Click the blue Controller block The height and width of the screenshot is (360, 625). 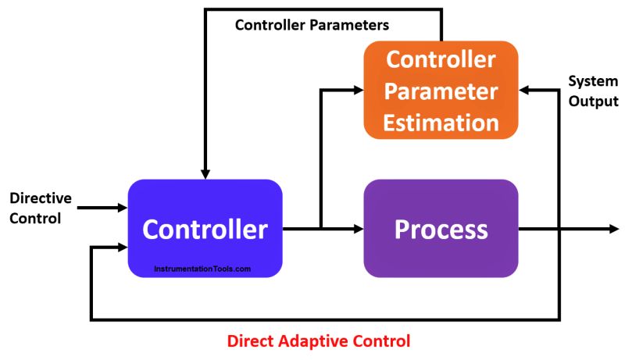tap(205, 228)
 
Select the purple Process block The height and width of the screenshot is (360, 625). tap(441, 228)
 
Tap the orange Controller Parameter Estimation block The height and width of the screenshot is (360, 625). tap(441, 91)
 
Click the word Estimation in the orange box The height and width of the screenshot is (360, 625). tap(441, 122)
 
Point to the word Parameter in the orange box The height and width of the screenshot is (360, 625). tap(441, 91)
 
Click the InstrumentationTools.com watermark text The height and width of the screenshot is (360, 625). tap(202, 269)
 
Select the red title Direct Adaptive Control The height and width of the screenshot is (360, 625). tap(318, 341)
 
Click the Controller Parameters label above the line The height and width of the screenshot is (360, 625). tap(312, 26)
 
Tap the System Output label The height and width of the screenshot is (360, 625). tap(593, 91)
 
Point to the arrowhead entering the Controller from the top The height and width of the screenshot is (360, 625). tap(205, 173)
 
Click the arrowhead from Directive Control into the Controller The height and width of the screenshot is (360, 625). tap(122, 208)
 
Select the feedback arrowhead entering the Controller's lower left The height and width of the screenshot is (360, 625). tap(122, 248)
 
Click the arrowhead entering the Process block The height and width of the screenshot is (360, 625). tap(359, 229)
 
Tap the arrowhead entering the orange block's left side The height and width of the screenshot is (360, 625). tap(359, 91)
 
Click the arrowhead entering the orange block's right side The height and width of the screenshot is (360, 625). tap(524, 91)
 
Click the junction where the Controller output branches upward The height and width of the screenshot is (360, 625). tap(321, 229)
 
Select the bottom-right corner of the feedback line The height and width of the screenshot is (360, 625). tap(558, 319)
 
